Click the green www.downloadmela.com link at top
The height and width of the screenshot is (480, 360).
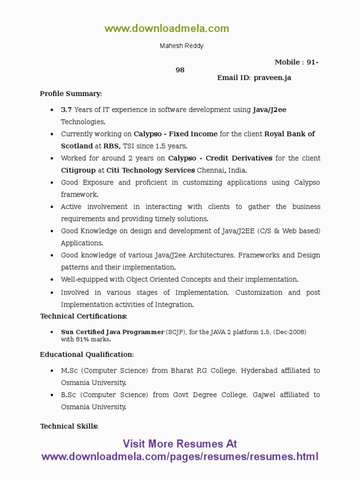167,29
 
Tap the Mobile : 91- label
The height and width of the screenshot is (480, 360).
296,62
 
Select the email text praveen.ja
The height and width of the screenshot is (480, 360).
272,78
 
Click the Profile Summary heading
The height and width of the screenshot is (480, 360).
70,94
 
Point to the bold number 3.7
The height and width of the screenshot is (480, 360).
66,110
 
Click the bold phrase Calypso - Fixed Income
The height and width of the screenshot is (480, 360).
175,134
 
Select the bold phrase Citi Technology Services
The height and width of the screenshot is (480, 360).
150,170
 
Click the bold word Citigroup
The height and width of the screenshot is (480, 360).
78,170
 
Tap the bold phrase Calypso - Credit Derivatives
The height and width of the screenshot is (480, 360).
220,158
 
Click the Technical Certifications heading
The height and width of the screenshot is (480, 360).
83,316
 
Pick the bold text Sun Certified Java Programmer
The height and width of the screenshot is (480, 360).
112,332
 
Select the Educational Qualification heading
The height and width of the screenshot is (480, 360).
87,354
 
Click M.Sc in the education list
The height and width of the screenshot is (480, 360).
69,370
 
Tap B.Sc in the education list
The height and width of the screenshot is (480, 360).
68,395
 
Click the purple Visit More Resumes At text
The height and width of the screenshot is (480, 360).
180,444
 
